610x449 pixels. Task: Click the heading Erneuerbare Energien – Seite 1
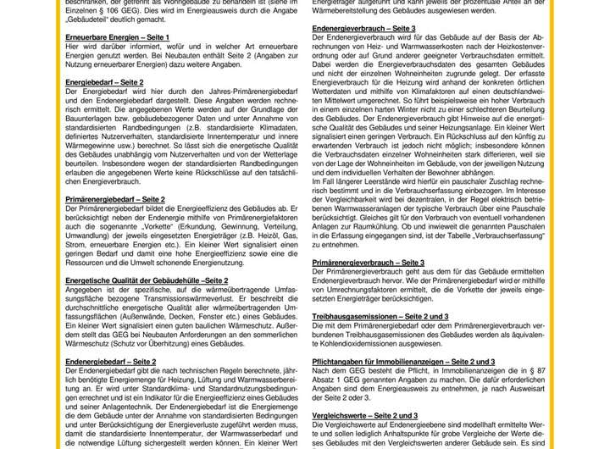pos(117,38)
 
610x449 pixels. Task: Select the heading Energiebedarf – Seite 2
pos(104,82)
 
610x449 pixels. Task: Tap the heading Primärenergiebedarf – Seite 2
pos(115,198)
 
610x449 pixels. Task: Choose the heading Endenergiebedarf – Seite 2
pos(110,361)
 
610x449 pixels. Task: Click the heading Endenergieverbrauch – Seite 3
pos(363,29)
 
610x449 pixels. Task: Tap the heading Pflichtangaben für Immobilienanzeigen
pos(403,361)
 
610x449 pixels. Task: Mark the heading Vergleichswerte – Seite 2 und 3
pos(364,415)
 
